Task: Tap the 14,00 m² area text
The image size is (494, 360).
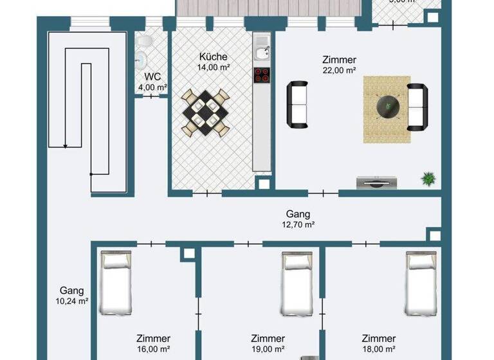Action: point(213,66)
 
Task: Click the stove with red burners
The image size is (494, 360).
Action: point(262,75)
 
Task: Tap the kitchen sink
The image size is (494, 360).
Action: point(261,47)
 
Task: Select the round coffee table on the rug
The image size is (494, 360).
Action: point(387,105)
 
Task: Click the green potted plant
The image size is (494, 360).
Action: point(427,179)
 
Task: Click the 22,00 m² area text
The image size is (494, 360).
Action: point(338,71)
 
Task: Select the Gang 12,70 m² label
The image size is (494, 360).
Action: point(298,219)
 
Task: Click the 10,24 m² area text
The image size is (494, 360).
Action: point(71,301)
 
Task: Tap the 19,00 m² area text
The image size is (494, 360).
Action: point(268,349)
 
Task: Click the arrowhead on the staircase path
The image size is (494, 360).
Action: point(65,147)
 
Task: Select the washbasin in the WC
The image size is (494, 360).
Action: point(141,60)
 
